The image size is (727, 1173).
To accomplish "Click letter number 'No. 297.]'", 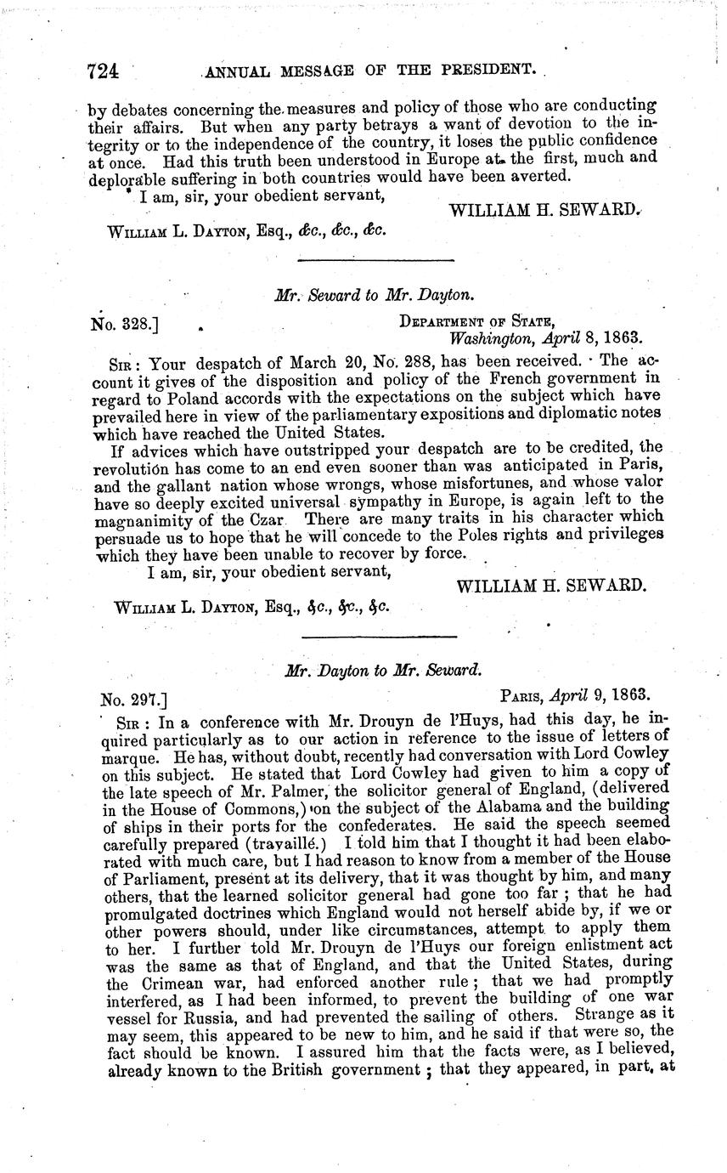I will pos(133,700).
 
